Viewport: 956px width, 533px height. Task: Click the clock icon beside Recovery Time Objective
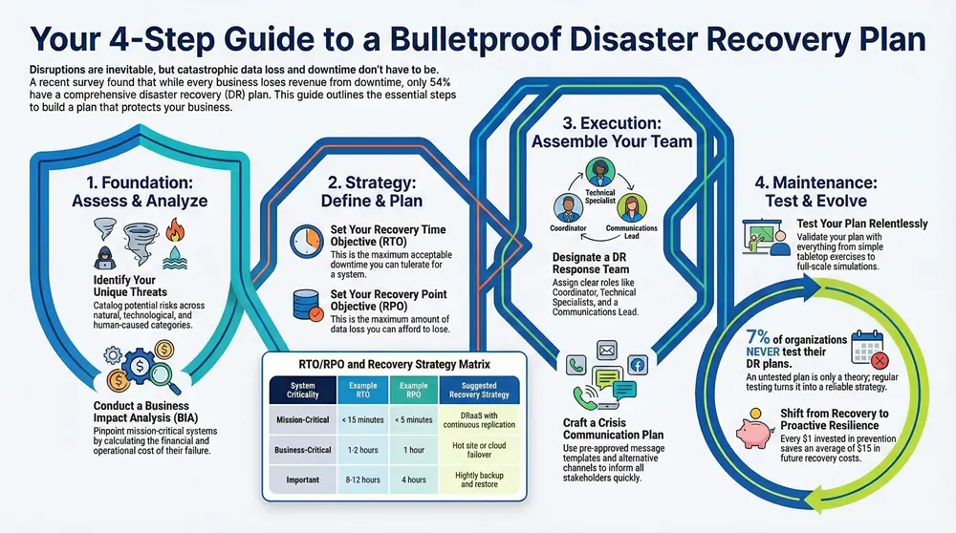[306, 238]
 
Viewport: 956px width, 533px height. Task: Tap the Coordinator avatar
[570, 208]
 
